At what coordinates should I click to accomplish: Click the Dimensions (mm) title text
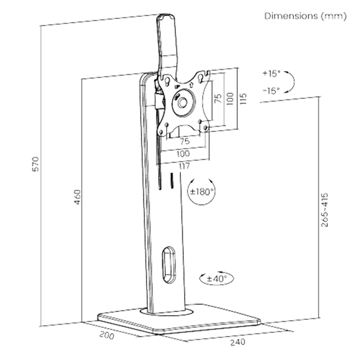[306, 17]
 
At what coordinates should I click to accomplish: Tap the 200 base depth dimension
[107, 336]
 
